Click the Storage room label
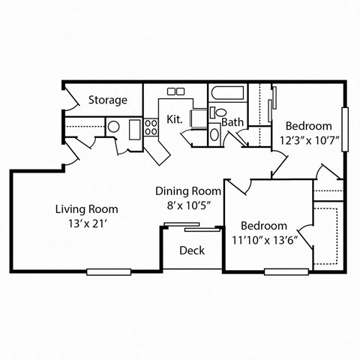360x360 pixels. [x=108, y=100]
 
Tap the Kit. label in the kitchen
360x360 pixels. [x=174, y=119]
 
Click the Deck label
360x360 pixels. [x=192, y=250]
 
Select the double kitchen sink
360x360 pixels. [x=175, y=91]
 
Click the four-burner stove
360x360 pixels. [x=151, y=127]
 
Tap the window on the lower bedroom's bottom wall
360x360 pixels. [x=286, y=271]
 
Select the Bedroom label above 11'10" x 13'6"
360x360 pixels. [x=264, y=226]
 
